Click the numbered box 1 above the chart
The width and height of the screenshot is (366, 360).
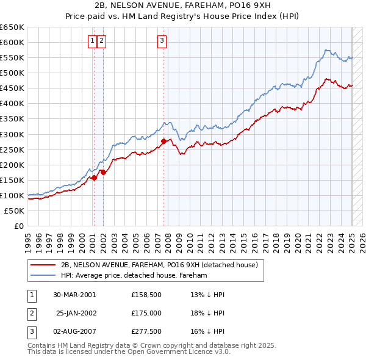[x=92, y=41]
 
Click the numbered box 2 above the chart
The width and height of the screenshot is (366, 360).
[x=101, y=41]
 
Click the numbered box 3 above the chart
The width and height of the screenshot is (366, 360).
[x=162, y=41]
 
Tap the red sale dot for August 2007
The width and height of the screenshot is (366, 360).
[x=163, y=141]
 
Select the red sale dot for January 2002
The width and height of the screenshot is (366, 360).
[x=103, y=172]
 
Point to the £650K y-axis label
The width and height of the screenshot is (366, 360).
[x=12, y=27]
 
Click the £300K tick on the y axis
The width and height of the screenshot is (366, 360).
[x=12, y=134]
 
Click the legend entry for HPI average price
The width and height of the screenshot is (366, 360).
[x=134, y=275]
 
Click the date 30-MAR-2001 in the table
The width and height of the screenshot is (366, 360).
[x=74, y=294]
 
